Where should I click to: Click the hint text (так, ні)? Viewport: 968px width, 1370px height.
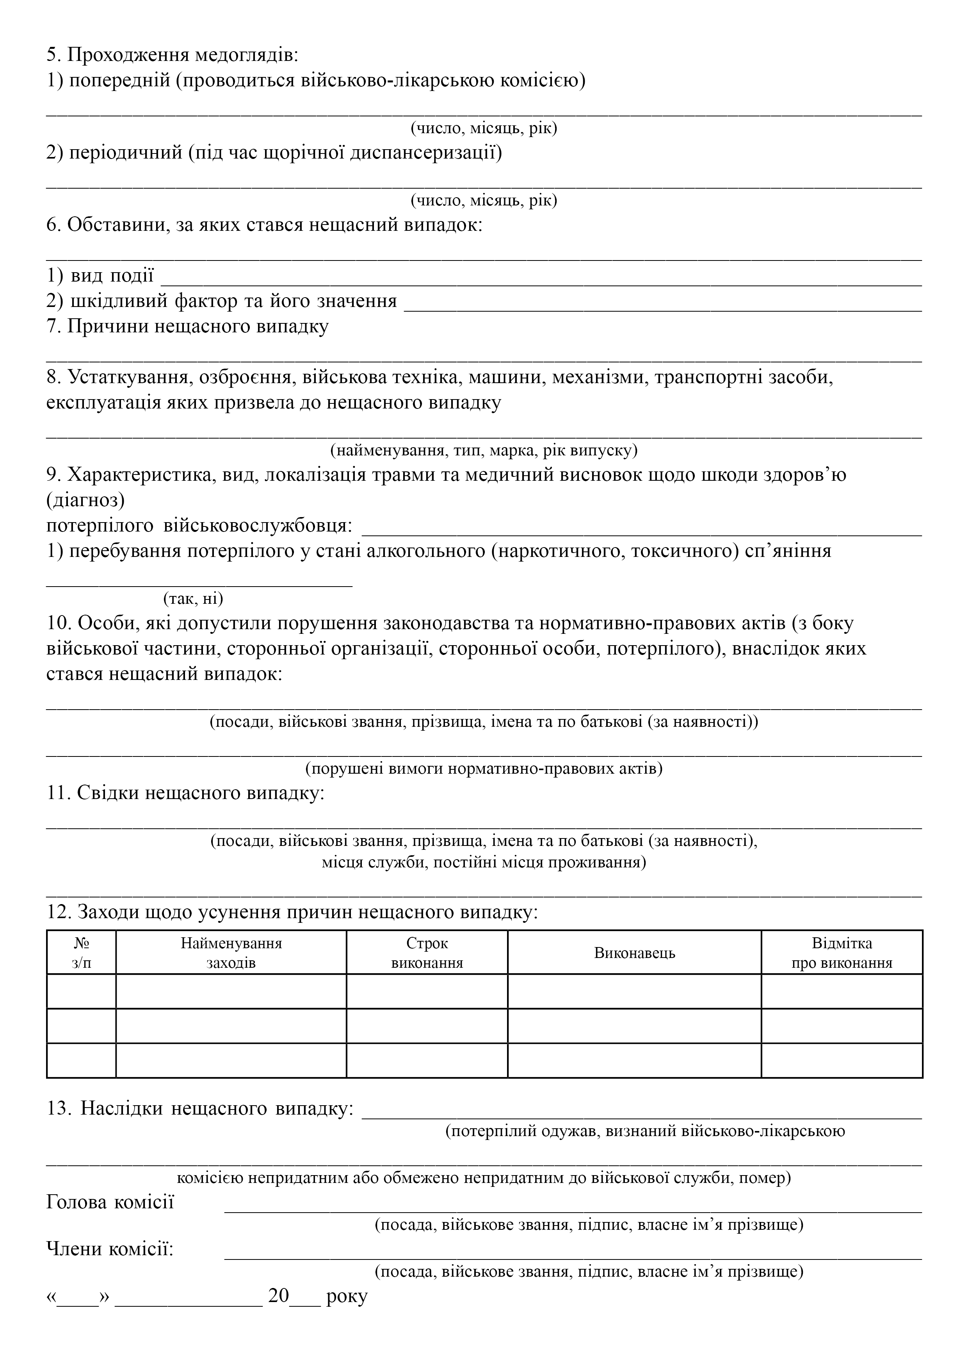[193, 598]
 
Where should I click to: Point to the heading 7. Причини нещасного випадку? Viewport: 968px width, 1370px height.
[187, 326]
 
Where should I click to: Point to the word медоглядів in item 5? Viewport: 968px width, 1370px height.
[246, 55]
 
